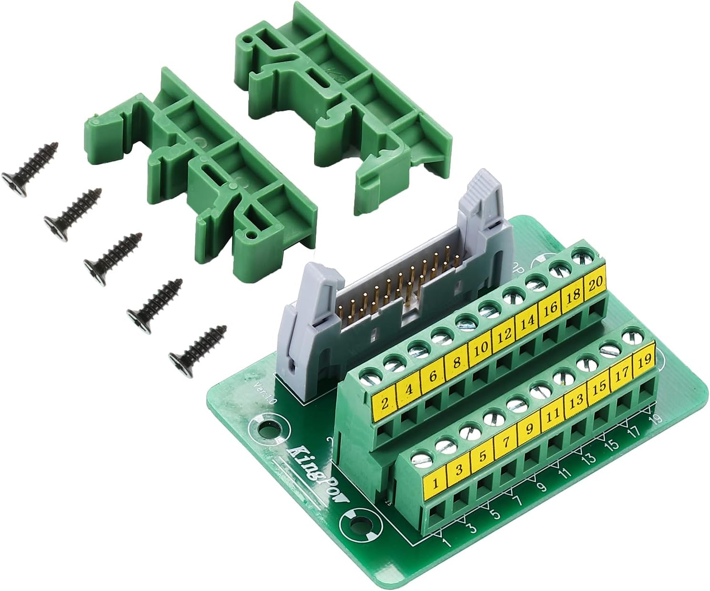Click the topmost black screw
click(31, 167)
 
